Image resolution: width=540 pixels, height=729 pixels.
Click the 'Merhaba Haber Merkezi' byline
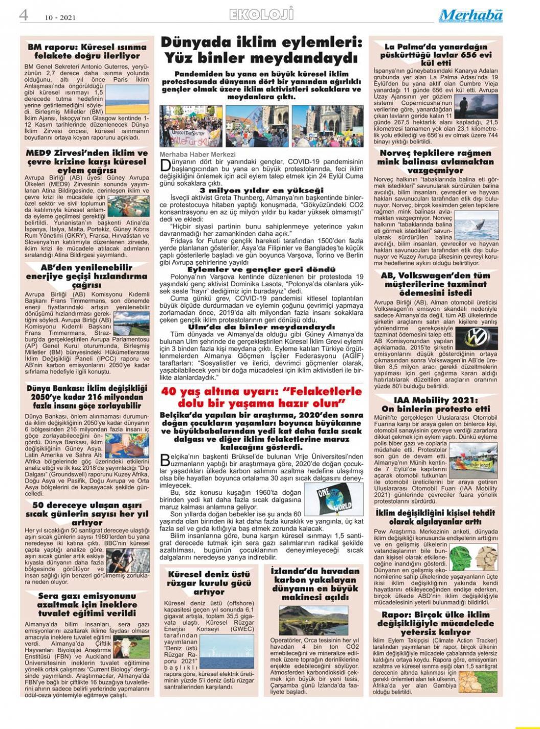pos(198,154)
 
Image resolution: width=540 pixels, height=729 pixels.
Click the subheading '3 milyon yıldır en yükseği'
pos(261,190)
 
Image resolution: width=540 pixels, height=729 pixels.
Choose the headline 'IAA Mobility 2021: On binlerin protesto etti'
pos(435,404)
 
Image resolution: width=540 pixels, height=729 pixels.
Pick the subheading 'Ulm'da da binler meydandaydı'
pos(261,326)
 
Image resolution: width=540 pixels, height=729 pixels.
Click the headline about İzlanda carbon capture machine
pos(315,584)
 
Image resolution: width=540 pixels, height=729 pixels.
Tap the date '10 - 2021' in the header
pos(60,17)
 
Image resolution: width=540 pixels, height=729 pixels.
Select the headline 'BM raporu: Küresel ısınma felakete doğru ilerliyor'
pos(87,51)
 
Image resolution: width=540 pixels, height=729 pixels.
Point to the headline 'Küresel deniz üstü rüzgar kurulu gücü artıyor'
pos(209,583)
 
